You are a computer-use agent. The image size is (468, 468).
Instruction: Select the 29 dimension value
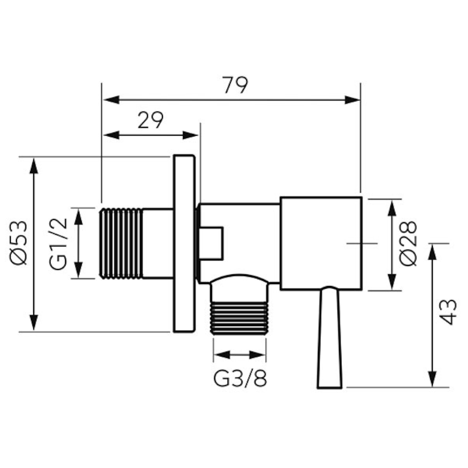[151, 120]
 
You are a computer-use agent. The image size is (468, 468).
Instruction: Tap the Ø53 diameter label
[19, 242]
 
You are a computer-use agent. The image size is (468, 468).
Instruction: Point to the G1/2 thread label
[58, 244]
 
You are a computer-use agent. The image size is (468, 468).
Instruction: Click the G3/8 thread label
[240, 379]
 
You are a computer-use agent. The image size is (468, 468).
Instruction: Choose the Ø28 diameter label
[408, 243]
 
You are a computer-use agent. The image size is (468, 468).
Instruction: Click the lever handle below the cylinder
[329, 338]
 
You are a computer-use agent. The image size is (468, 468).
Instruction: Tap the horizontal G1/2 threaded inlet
[121, 243]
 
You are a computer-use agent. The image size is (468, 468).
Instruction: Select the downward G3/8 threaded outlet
[240, 318]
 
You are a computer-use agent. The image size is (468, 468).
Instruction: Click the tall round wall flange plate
[184, 243]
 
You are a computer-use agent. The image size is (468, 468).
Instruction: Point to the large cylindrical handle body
[321, 243]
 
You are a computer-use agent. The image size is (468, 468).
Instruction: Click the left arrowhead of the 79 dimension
[111, 100]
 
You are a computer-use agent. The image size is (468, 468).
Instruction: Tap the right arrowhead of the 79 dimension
[352, 100]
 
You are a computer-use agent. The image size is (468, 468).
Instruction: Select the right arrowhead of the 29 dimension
[190, 135]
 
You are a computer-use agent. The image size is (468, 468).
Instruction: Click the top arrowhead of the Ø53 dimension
[34, 166]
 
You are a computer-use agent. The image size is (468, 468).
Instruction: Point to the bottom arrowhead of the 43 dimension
[432, 379]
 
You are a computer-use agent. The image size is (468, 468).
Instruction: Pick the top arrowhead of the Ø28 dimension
[392, 208]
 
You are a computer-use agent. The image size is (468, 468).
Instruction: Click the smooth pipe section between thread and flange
[158, 243]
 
